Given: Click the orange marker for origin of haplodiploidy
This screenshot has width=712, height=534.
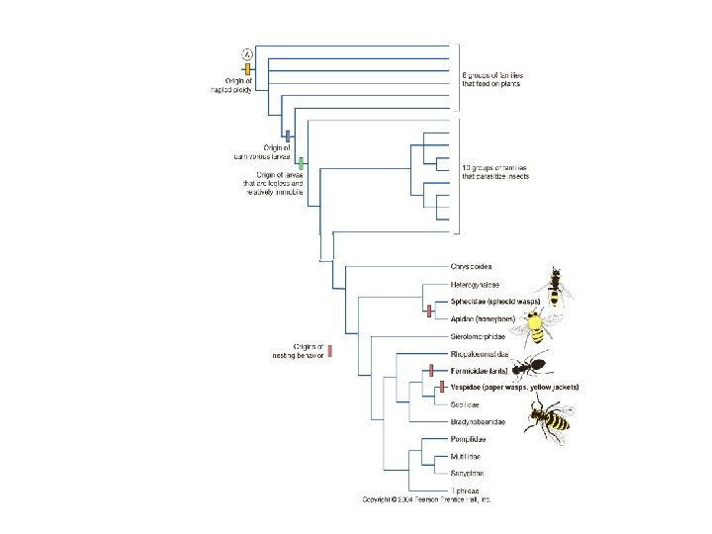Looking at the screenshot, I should pos(248,69).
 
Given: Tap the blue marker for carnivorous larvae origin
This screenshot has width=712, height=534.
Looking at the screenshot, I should pos(287,134).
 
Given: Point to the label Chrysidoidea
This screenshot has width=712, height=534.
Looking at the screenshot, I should pos(471,267).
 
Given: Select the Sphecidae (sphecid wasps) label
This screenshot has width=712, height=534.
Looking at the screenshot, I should pos(493,302).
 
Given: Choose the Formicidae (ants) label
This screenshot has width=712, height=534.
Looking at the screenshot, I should pos(479,370).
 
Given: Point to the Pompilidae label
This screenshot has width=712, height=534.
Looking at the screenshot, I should pos(469,439).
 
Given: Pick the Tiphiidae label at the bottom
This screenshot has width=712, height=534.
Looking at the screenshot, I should pos(466,490).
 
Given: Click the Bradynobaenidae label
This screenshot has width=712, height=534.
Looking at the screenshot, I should pos(479,422).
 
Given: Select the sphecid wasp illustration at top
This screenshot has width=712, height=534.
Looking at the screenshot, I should pos(559,285).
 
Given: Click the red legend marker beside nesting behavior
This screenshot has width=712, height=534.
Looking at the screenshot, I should pos(330,350).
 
